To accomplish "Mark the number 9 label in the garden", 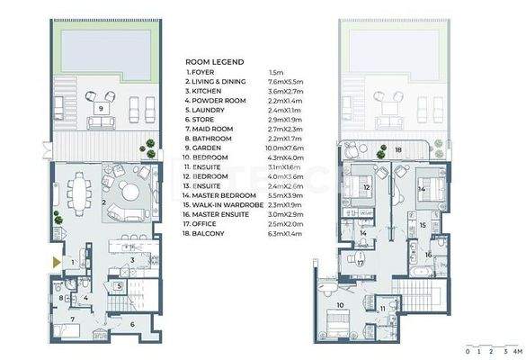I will (101, 108).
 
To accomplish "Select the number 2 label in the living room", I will (103, 203).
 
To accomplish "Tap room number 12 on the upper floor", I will (367, 187).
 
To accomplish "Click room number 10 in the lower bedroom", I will (340, 305).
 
